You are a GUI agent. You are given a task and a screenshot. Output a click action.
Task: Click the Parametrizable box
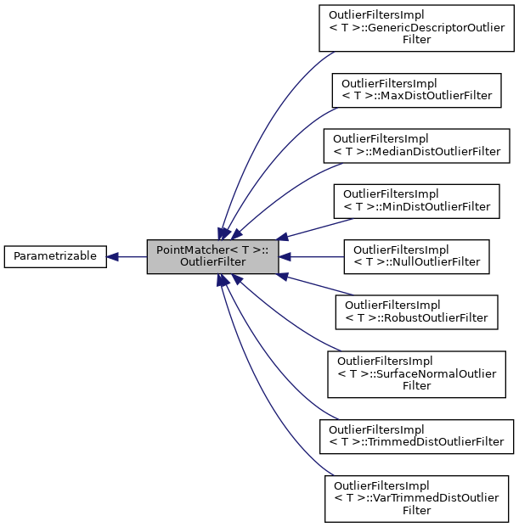pyautogui.click(x=55, y=256)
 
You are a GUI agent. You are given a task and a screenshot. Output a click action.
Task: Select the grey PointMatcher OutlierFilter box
pyautogui.click(x=212, y=256)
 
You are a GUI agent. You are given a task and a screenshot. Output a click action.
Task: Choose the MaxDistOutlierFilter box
pyautogui.click(x=416, y=90)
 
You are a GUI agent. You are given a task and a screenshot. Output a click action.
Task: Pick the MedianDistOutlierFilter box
pyautogui.click(x=416, y=145)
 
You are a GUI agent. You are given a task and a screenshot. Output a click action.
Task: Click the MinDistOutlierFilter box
pyautogui.click(x=416, y=199)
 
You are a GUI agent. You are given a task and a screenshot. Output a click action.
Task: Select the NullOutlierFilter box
pyautogui.click(x=416, y=256)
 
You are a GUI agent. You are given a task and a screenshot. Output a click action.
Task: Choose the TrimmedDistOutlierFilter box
pyautogui.click(x=416, y=435)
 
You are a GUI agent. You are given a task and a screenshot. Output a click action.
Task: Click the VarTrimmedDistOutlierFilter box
pyautogui.click(x=416, y=498)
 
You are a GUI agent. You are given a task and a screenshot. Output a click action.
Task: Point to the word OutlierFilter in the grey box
pyautogui.click(x=212, y=263)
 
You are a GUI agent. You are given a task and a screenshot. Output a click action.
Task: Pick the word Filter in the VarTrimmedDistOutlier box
pyautogui.click(x=416, y=510)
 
